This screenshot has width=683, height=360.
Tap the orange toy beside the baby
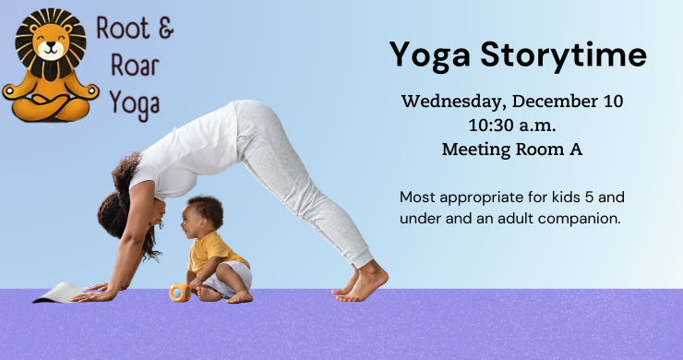click(x=180, y=292)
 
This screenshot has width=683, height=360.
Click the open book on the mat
click(x=57, y=294)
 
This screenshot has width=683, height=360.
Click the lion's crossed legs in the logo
click(x=51, y=109)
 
